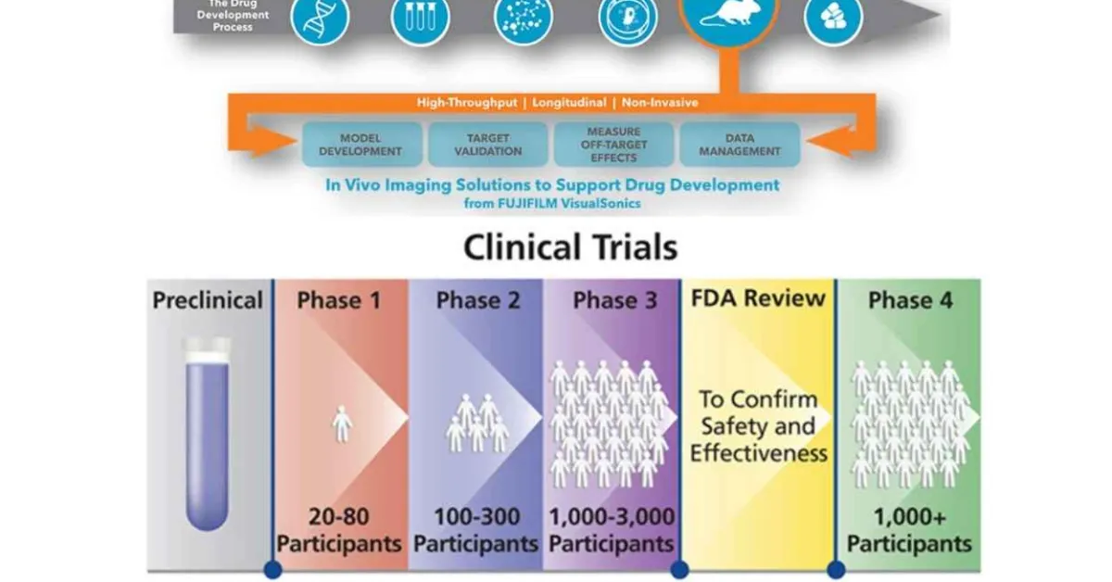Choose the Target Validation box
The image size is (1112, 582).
tap(487, 145)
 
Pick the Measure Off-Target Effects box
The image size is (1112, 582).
tap(613, 145)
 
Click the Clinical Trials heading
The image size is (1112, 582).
tap(570, 247)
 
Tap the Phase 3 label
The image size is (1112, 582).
tap(612, 301)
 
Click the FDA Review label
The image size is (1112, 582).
tap(757, 298)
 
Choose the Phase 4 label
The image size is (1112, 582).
tap(909, 301)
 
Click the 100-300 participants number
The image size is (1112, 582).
tap(475, 516)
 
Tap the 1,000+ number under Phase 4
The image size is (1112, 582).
tap(909, 516)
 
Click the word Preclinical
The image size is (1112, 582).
tap(208, 301)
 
